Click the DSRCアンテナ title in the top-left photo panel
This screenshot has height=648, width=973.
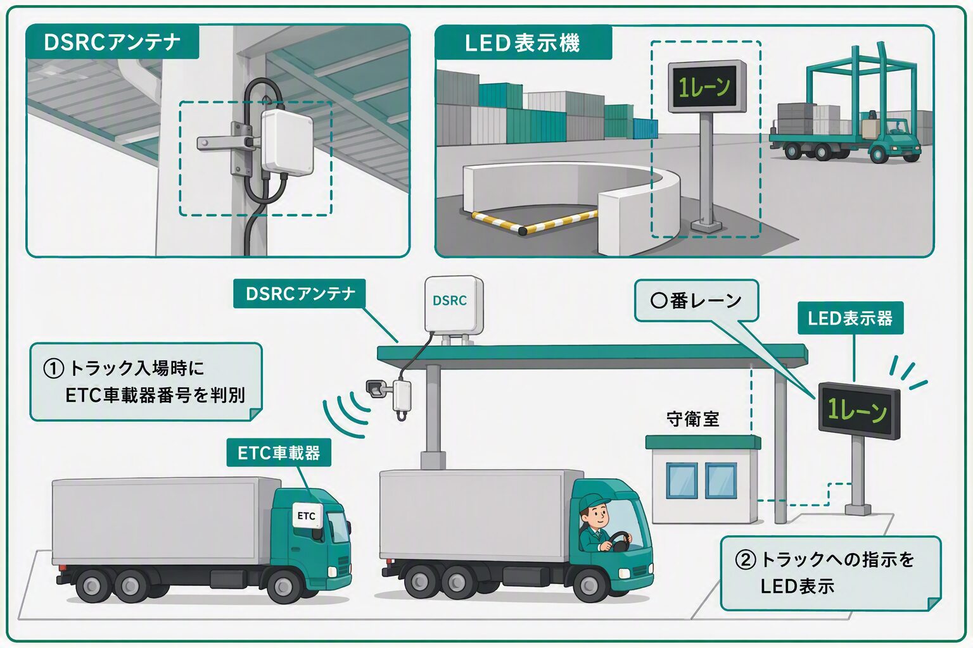[112, 42]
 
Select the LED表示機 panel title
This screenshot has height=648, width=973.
[522, 43]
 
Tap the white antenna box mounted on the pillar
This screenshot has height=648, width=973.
[287, 142]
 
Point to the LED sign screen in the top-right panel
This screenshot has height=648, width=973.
[707, 87]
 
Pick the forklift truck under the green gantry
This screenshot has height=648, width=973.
[888, 138]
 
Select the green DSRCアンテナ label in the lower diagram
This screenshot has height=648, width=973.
[299, 294]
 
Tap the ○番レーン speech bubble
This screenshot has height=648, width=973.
[697, 301]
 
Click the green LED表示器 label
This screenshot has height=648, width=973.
[850, 318]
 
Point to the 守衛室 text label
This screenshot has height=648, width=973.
[693, 419]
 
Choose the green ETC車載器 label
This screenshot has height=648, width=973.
[279, 452]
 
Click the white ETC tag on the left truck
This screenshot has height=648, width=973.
[307, 516]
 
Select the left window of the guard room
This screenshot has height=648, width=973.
[682, 480]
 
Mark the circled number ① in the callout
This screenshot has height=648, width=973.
[54, 369]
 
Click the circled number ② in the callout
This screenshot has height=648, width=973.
[746, 560]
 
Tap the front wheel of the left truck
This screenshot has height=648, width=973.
[284, 587]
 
